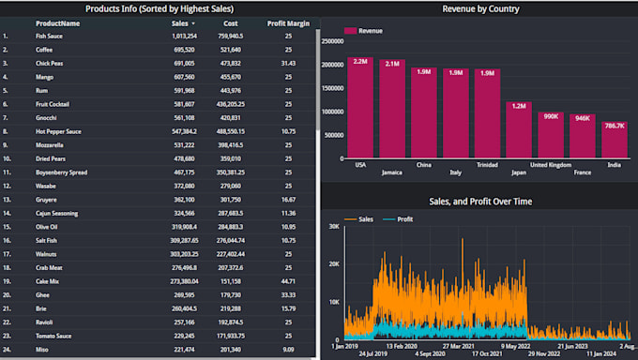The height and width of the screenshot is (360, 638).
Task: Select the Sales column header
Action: click(180, 22)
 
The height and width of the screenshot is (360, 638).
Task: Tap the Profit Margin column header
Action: click(288, 22)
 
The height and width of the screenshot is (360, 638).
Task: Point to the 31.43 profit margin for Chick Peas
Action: click(288, 63)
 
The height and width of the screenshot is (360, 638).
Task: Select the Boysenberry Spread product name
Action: click(62, 172)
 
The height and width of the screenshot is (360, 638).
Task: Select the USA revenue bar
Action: click(361, 108)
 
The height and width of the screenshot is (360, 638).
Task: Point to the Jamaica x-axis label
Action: click(392, 172)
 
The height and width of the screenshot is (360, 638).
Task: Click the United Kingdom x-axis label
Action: click(551, 164)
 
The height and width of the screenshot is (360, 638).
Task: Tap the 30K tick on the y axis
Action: click(332, 227)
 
